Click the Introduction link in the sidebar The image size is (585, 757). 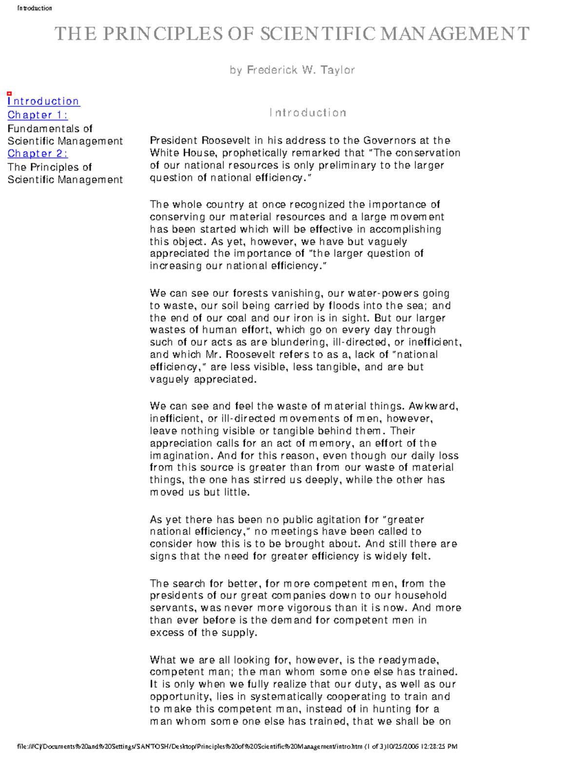point(43,101)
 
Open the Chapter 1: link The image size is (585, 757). point(38,115)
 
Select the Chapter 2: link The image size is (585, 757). point(38,154)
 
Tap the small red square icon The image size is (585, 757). point(9,93)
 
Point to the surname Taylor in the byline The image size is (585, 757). point(337,70)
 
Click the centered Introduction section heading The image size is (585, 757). point(308,113)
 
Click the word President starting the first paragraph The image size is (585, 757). point(174,141)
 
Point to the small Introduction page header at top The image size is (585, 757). point(35,8)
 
